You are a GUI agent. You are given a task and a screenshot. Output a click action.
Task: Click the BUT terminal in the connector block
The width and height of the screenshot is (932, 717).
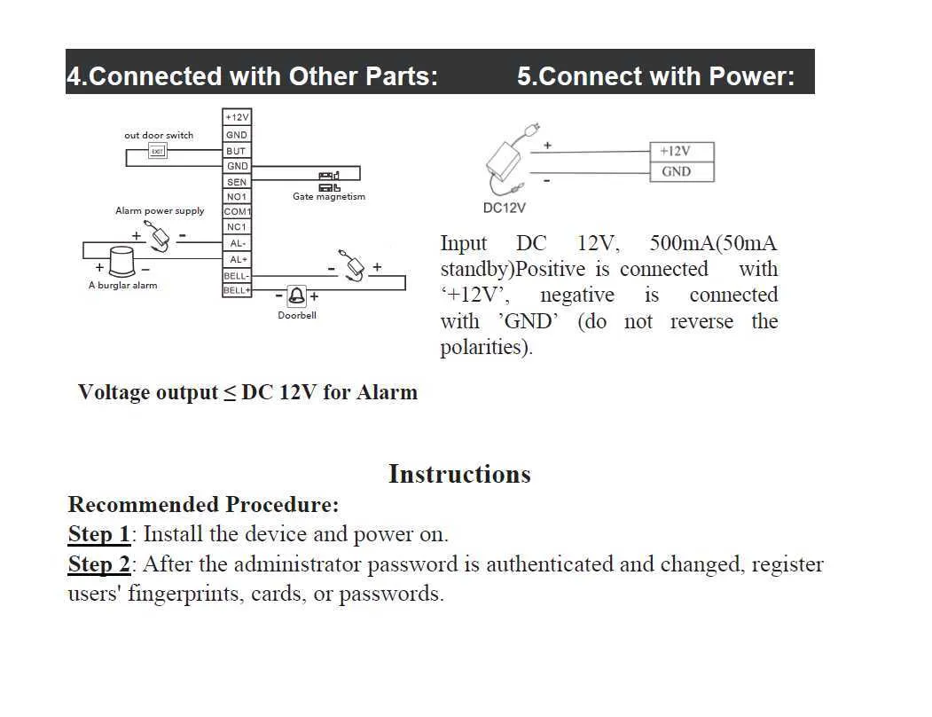236,151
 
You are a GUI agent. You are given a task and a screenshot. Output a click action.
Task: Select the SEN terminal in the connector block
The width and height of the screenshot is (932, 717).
236,182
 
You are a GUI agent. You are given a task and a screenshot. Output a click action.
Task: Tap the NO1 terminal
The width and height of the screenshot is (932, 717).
236,197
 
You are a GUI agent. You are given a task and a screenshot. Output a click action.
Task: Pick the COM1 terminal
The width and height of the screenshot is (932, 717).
237,212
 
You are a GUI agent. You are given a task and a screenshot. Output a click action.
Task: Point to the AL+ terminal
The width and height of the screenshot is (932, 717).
237,259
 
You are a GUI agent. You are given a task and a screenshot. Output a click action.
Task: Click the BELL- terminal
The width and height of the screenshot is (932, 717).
236,275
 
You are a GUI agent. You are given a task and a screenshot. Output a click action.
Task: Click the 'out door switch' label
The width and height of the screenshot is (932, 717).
159,136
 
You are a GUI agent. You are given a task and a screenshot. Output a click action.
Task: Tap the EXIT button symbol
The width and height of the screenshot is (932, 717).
157,151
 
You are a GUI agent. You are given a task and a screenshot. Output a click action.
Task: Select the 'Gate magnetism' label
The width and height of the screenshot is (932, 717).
328,197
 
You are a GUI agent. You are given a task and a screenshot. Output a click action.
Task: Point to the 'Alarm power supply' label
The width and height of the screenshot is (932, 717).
160,211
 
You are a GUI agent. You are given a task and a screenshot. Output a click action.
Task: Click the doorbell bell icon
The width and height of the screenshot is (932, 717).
296,296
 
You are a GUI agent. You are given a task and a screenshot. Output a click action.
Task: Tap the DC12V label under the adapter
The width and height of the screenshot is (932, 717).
504,208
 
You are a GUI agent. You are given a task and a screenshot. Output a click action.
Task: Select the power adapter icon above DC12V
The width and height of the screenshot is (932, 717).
506,162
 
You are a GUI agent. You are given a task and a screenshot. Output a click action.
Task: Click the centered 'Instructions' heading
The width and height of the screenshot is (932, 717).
459,474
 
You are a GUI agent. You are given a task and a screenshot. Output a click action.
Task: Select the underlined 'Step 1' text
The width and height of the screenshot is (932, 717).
98,534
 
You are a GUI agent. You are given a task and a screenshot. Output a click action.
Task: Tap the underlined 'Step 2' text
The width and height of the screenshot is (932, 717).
98,564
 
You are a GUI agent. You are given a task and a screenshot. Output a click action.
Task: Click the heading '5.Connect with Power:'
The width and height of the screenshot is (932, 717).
655,76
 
